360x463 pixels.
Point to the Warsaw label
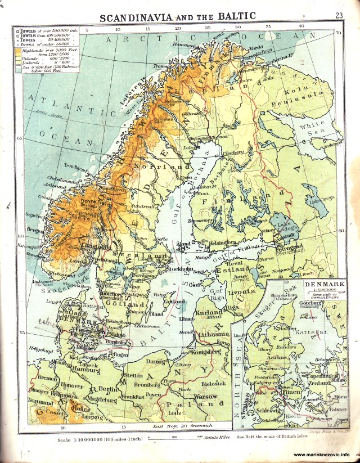(x=207, y=397)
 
